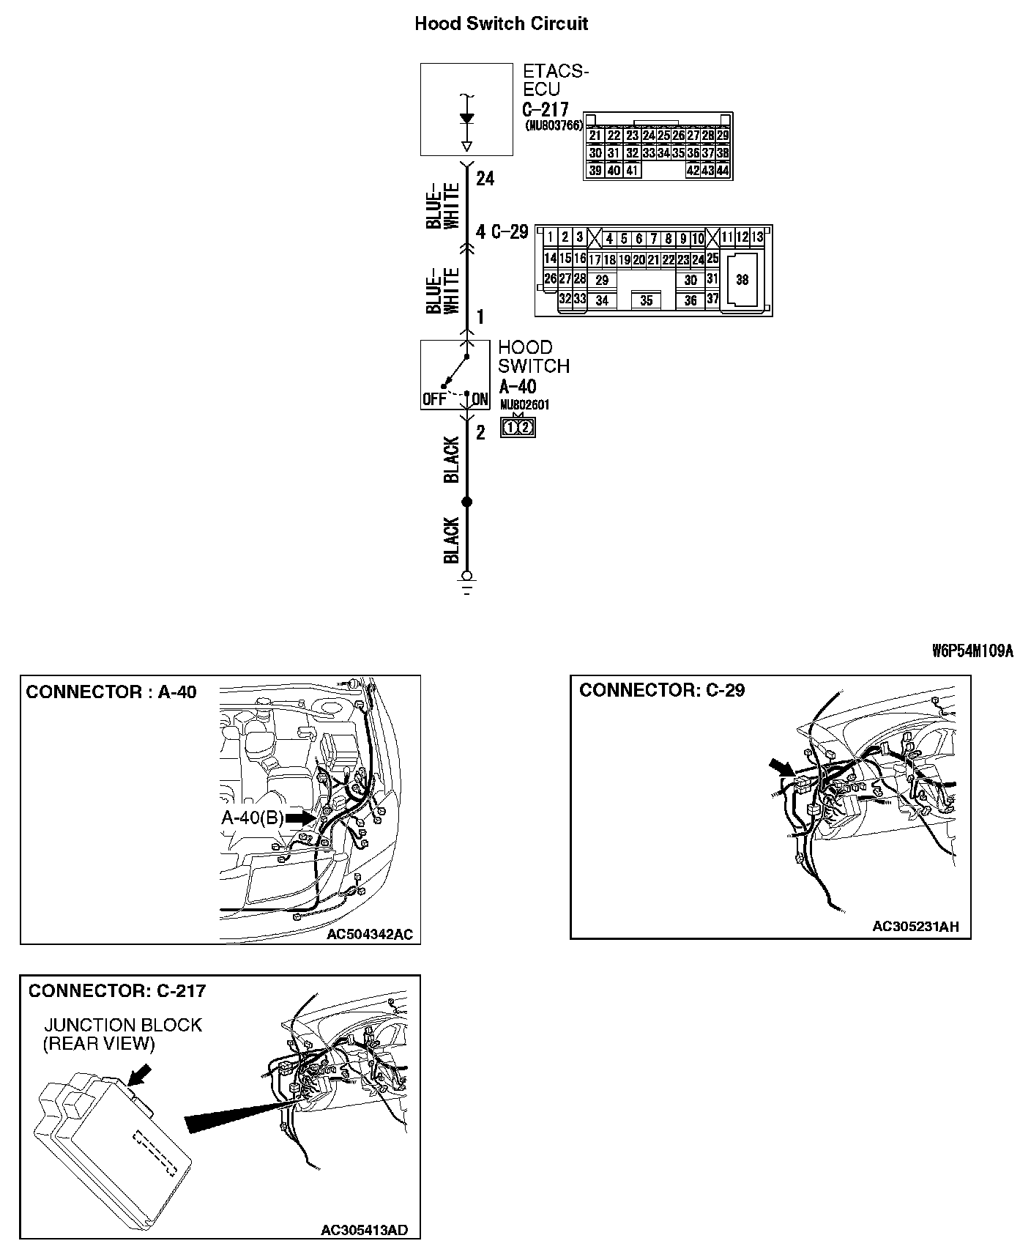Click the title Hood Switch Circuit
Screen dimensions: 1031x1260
coord(501,23)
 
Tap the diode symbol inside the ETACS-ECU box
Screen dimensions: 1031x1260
coord(466,119)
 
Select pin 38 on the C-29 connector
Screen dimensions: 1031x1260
coord(742,280)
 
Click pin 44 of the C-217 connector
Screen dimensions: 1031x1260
coord(723,171)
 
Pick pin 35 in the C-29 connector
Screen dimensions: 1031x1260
coord(646,300)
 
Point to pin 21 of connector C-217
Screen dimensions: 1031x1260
coord(595,136)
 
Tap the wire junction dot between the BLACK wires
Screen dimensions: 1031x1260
coord(467,502)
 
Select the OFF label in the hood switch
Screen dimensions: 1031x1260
coord(433,399)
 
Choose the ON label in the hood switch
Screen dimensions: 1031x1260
coord(480,399)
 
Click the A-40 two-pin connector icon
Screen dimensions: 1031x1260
coord(518,427)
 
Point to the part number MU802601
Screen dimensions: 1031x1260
coord(524,405)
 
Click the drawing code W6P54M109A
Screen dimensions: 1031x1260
coord(972,651)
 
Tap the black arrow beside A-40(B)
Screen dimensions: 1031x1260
coord(299,818)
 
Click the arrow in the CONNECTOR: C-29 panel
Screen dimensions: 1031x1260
coord(781,769)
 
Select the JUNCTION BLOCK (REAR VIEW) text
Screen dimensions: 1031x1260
coord(122,1034)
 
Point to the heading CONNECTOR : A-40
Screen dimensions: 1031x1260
coord(111,692)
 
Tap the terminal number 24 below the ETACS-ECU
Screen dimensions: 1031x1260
coord(485,178)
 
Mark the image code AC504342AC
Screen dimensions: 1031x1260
coord(370,934)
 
